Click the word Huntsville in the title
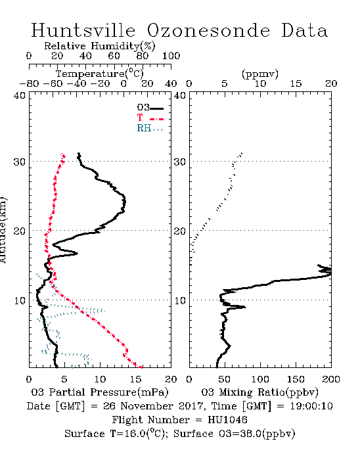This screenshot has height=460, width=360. [x=83, y=30]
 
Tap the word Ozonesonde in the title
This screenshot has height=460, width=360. [x=208, y=30]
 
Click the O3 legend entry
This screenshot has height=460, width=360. [x=150, y=108]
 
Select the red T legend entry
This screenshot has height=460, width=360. [x=150, y=118]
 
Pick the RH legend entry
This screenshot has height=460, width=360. [x=150, y=128]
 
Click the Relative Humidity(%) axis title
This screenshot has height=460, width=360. [x=100, y=46]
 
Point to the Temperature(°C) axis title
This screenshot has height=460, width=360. [x=100, y=74]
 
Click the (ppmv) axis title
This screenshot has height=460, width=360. [x=260, y=74]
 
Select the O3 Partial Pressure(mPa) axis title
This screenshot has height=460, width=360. [x=100, y=392]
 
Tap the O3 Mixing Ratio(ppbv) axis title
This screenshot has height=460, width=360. [x=259, y=392]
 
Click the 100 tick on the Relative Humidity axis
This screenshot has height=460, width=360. [x=171, y=56]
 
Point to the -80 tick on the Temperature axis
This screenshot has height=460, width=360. [x=29, y=83]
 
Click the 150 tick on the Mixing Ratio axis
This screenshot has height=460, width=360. [x=296, y=379]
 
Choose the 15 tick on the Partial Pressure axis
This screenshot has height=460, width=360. [x=135, y=379]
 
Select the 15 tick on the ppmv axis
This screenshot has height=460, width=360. [x=296, y=83]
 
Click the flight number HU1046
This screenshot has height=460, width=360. [x=227, y=420]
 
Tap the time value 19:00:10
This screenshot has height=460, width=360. [x=311, y=406]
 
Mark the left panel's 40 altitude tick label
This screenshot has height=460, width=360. [x=20, y=95]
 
